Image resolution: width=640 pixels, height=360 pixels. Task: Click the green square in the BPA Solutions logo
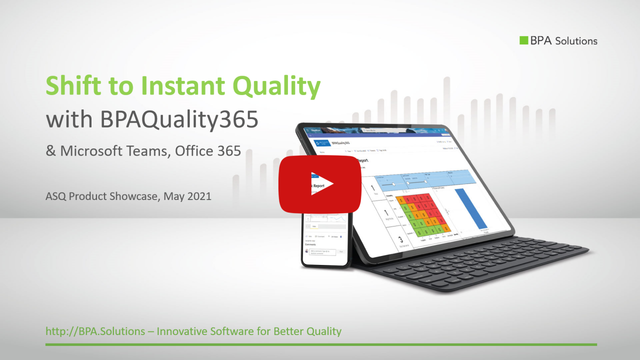click(524, 40)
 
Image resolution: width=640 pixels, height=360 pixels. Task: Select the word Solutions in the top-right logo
click(576, 41)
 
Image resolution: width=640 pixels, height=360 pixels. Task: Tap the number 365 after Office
click(229, 151)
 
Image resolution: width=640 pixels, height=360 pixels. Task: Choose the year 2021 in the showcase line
click(199, 196)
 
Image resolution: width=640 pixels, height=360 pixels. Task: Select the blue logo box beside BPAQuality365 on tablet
click(321, 143)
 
